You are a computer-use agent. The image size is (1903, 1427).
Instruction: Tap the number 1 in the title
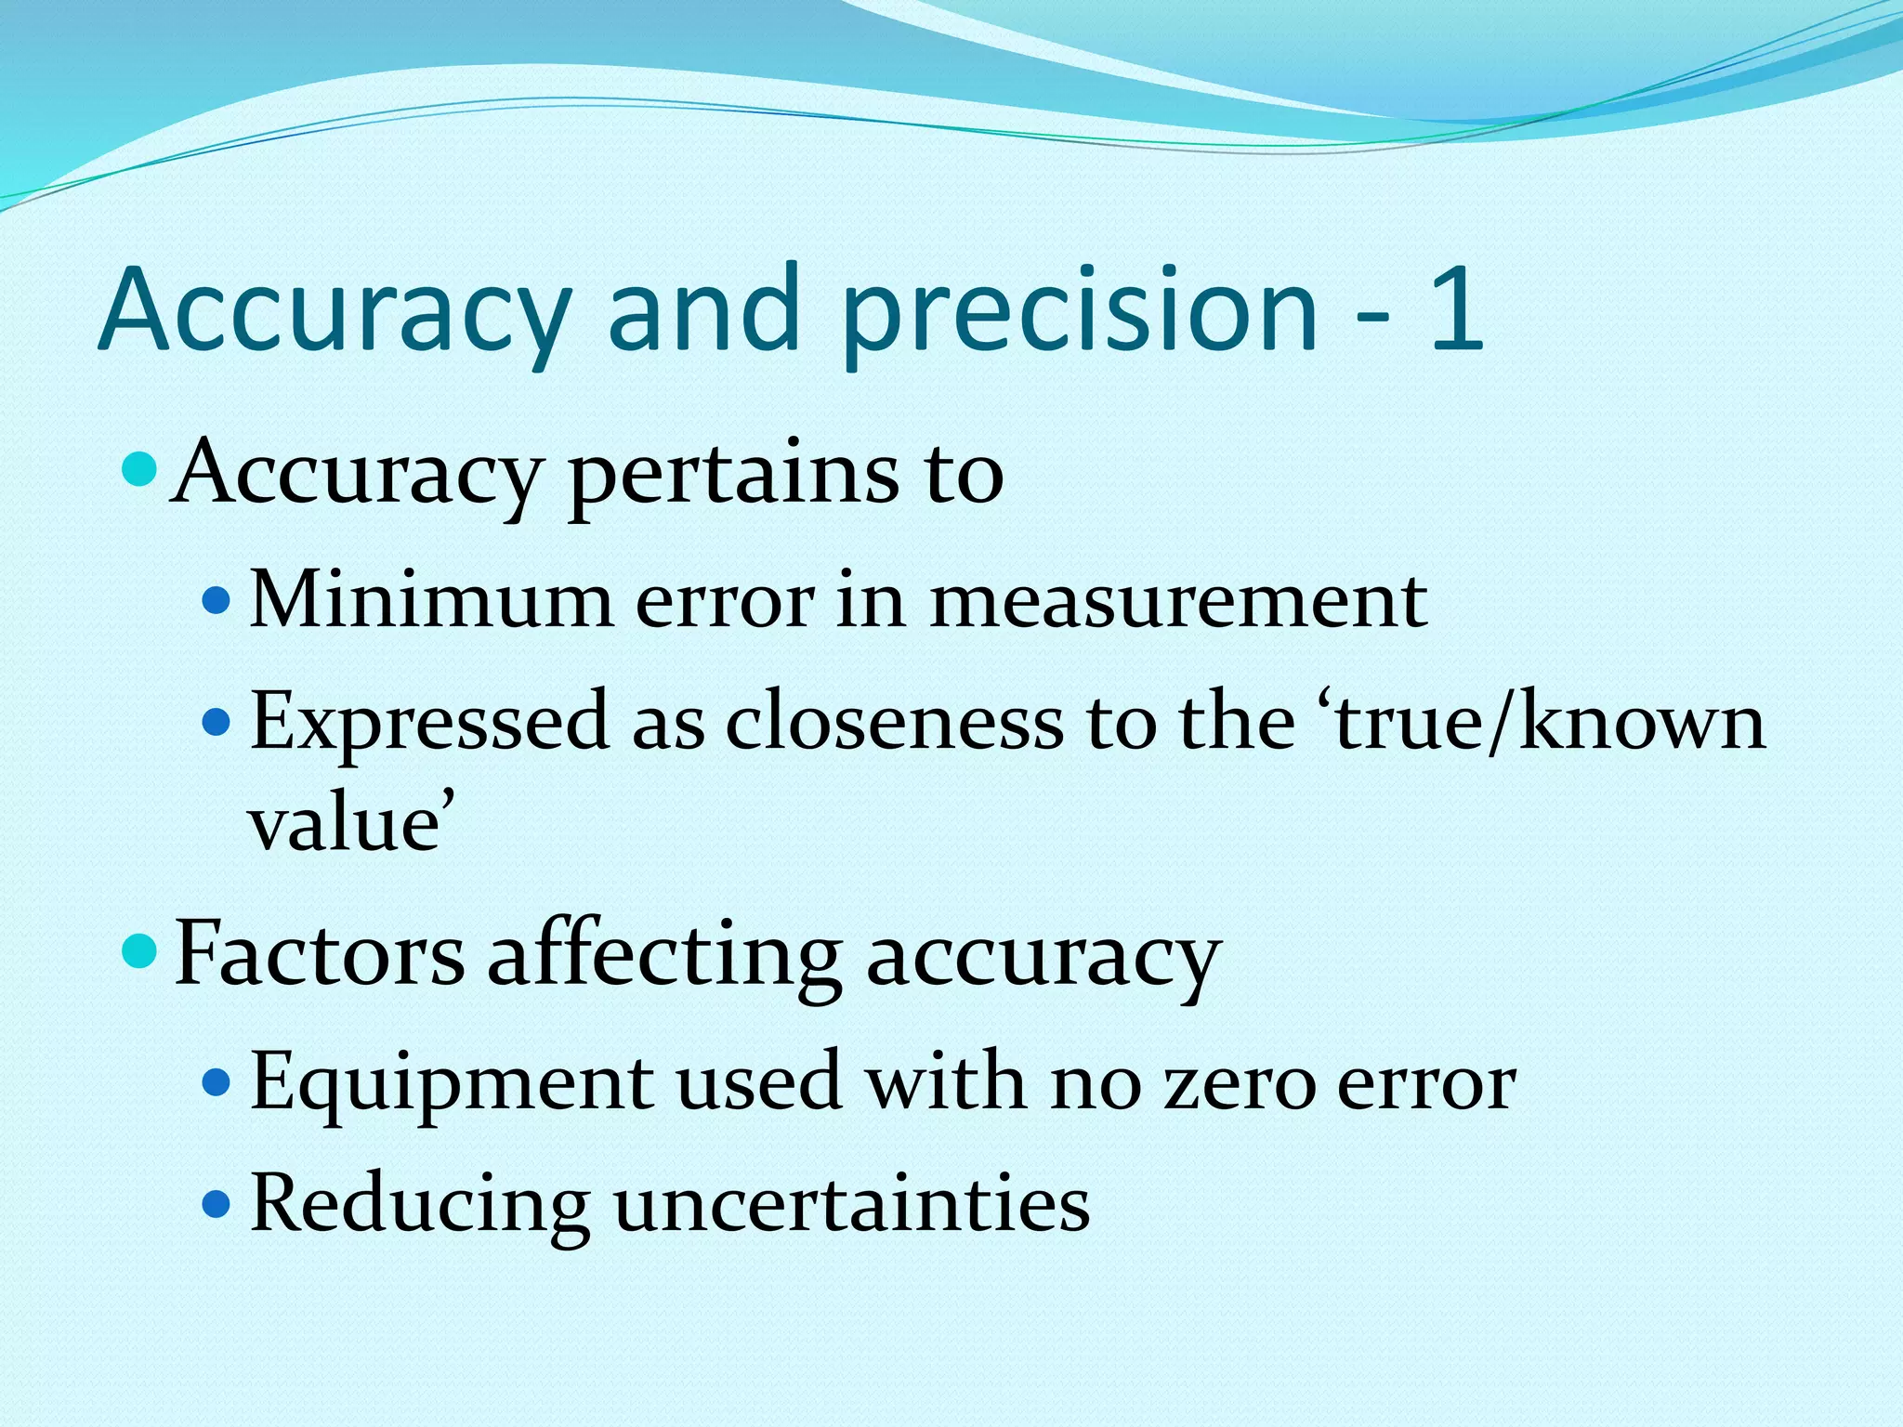(x=1455, y=308)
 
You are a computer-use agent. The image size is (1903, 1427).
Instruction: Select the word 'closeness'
(x=895, y=723)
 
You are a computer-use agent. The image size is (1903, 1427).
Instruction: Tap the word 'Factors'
(x=320, y=955)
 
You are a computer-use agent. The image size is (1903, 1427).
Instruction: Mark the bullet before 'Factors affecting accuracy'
(x=141, y=951)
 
